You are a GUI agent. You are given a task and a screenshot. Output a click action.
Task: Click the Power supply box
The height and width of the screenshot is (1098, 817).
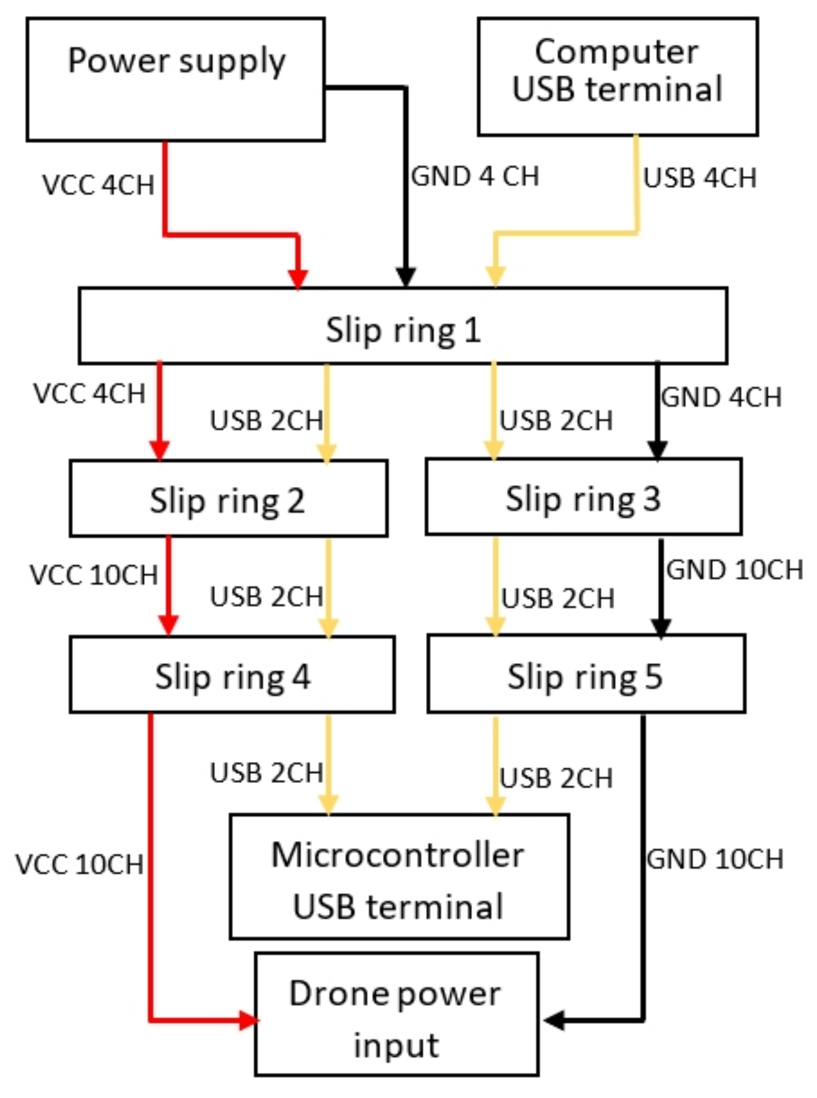click(176, 79)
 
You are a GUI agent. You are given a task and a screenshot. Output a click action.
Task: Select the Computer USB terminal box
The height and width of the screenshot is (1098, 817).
click(617, 76)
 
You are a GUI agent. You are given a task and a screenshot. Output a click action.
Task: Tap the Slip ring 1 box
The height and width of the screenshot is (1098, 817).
click(403, 326)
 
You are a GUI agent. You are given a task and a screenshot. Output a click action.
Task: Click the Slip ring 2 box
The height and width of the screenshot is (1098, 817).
click(228, 499)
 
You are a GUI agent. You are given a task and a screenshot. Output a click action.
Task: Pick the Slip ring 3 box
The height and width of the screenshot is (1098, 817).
click(583, 497)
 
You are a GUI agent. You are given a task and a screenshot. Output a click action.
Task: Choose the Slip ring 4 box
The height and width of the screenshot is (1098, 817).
click(232, 675)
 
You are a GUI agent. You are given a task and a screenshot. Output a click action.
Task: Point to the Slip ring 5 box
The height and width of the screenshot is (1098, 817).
click(586, 674)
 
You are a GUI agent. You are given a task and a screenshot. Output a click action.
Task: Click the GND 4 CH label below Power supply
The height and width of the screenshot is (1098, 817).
click(475, 177)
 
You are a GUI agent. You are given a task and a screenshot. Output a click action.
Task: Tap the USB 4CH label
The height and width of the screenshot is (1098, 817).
click(699, 178)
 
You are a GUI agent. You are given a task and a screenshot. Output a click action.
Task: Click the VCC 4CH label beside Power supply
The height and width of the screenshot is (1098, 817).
click(98, 185)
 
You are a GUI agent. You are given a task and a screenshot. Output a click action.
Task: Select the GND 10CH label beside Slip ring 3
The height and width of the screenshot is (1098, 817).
click(734, 570)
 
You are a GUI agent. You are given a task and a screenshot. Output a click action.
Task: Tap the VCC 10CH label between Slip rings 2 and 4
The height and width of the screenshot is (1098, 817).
click(94, 575)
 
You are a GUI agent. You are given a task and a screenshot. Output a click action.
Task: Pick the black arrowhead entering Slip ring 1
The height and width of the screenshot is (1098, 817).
click(406, 277)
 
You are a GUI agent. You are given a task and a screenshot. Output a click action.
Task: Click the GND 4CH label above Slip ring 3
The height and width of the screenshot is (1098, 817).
click(721, 397)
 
